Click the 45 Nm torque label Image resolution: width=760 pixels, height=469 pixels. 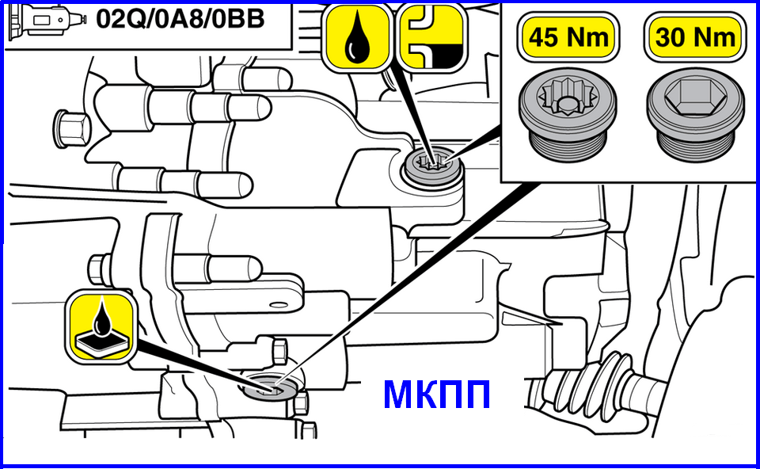click(x=568, y=37)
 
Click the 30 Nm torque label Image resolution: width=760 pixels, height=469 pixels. click(x=695, y=37)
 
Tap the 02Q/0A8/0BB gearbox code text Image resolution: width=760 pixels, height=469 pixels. click(x=180, y=19)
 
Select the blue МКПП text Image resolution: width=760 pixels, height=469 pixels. click(x=437, y=395)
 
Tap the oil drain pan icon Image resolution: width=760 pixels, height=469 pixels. click(x=101, y=326)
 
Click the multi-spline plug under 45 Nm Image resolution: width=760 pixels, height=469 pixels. click(x=568, y=114)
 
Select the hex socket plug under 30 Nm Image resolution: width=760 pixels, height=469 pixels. click(x=696, y=114)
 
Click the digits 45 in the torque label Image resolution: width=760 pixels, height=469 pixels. click(x=543, y=38)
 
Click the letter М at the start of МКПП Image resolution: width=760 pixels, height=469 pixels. click(x=399, y=395)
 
